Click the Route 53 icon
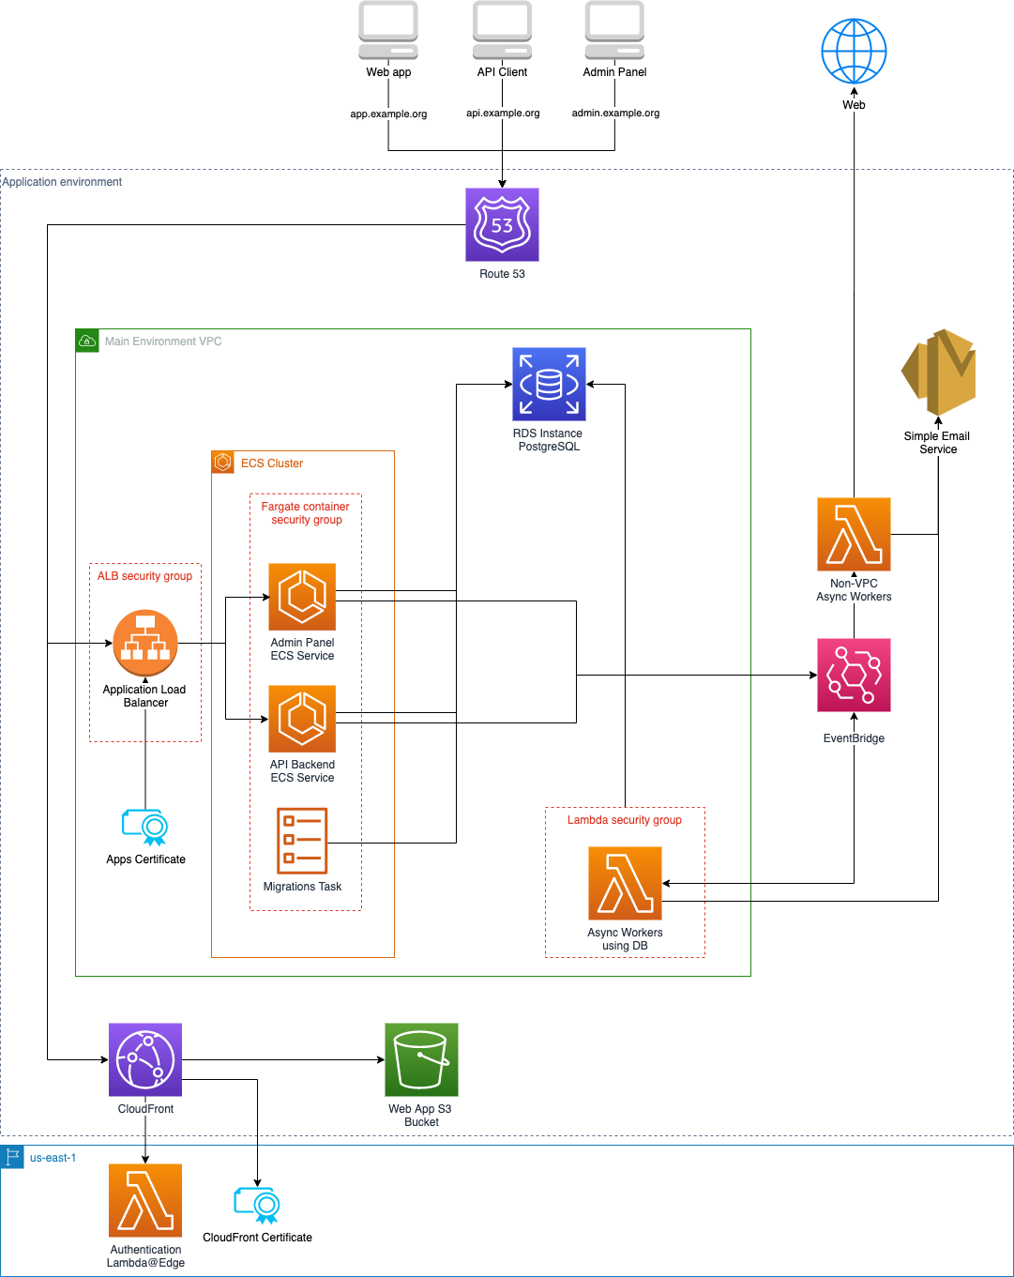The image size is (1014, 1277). [x=502, y=224]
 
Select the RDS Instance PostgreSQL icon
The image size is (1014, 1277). [x=549, y=384]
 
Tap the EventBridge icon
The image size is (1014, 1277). [x=854, y=675]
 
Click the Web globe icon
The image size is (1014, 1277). [x=854, y=51]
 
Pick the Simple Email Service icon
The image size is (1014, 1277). [x=938, y=372]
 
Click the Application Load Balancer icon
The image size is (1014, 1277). [x=145, y=643]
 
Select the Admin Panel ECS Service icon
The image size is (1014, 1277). [x=302, y=597]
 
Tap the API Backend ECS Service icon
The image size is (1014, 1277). [x=302, y=719]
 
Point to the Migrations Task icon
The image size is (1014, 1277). [x=302, y=841]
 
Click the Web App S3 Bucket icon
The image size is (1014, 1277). [x=421, y=1059]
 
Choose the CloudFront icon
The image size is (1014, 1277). [x=145, y=1059]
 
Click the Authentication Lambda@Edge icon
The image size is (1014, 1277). [x=145, y=1200]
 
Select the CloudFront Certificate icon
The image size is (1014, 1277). [x=257, y=1205]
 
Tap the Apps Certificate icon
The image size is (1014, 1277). [x=145, y=827]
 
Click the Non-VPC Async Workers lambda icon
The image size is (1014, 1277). [x=854, y=534]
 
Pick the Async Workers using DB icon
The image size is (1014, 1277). [x=625, y=883]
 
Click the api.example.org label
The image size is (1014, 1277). [x=503, y=114]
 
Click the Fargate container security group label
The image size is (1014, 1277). [x=306, y=513]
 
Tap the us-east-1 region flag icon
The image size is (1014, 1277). [x=12, y=1157]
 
